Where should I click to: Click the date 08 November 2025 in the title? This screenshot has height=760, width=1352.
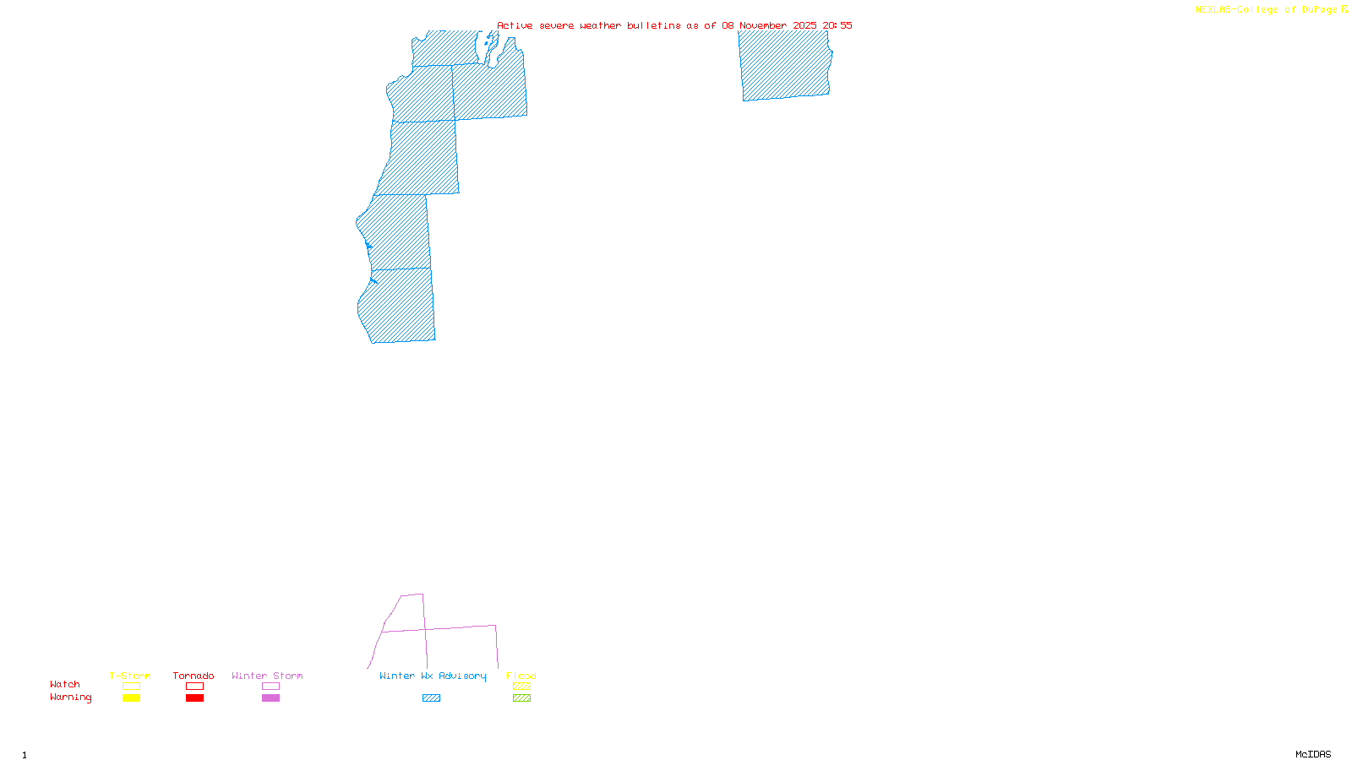tap(769, 25)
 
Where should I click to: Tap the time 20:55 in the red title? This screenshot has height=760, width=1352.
tap(837, 25)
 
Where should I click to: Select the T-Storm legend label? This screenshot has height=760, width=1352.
tap(130, 676)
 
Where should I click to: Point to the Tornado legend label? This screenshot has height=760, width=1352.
tap(194, 676)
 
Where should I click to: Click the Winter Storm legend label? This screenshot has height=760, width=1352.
tap(267, 676)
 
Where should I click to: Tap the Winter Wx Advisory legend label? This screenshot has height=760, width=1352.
tap(433, 676)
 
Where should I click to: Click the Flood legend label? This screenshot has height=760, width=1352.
tap(521, 676)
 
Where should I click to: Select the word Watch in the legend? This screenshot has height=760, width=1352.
tap(65, 685)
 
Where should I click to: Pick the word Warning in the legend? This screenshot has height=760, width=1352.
tap(70, 698)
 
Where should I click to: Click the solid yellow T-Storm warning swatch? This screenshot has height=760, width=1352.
tap(131, 698)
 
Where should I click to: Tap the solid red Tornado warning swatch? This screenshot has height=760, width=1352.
tap(194, 698)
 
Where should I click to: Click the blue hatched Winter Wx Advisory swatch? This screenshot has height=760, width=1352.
tap(431, 698)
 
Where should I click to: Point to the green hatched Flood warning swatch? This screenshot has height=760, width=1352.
tap(521, 698)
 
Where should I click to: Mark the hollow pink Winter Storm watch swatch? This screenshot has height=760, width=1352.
tap(270, 687)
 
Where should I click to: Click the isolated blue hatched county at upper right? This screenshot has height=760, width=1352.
tap(785, 65)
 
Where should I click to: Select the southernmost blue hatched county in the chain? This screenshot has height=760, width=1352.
tap(399, 306)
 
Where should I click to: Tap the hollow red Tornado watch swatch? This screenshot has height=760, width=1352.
tap(194, 687)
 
